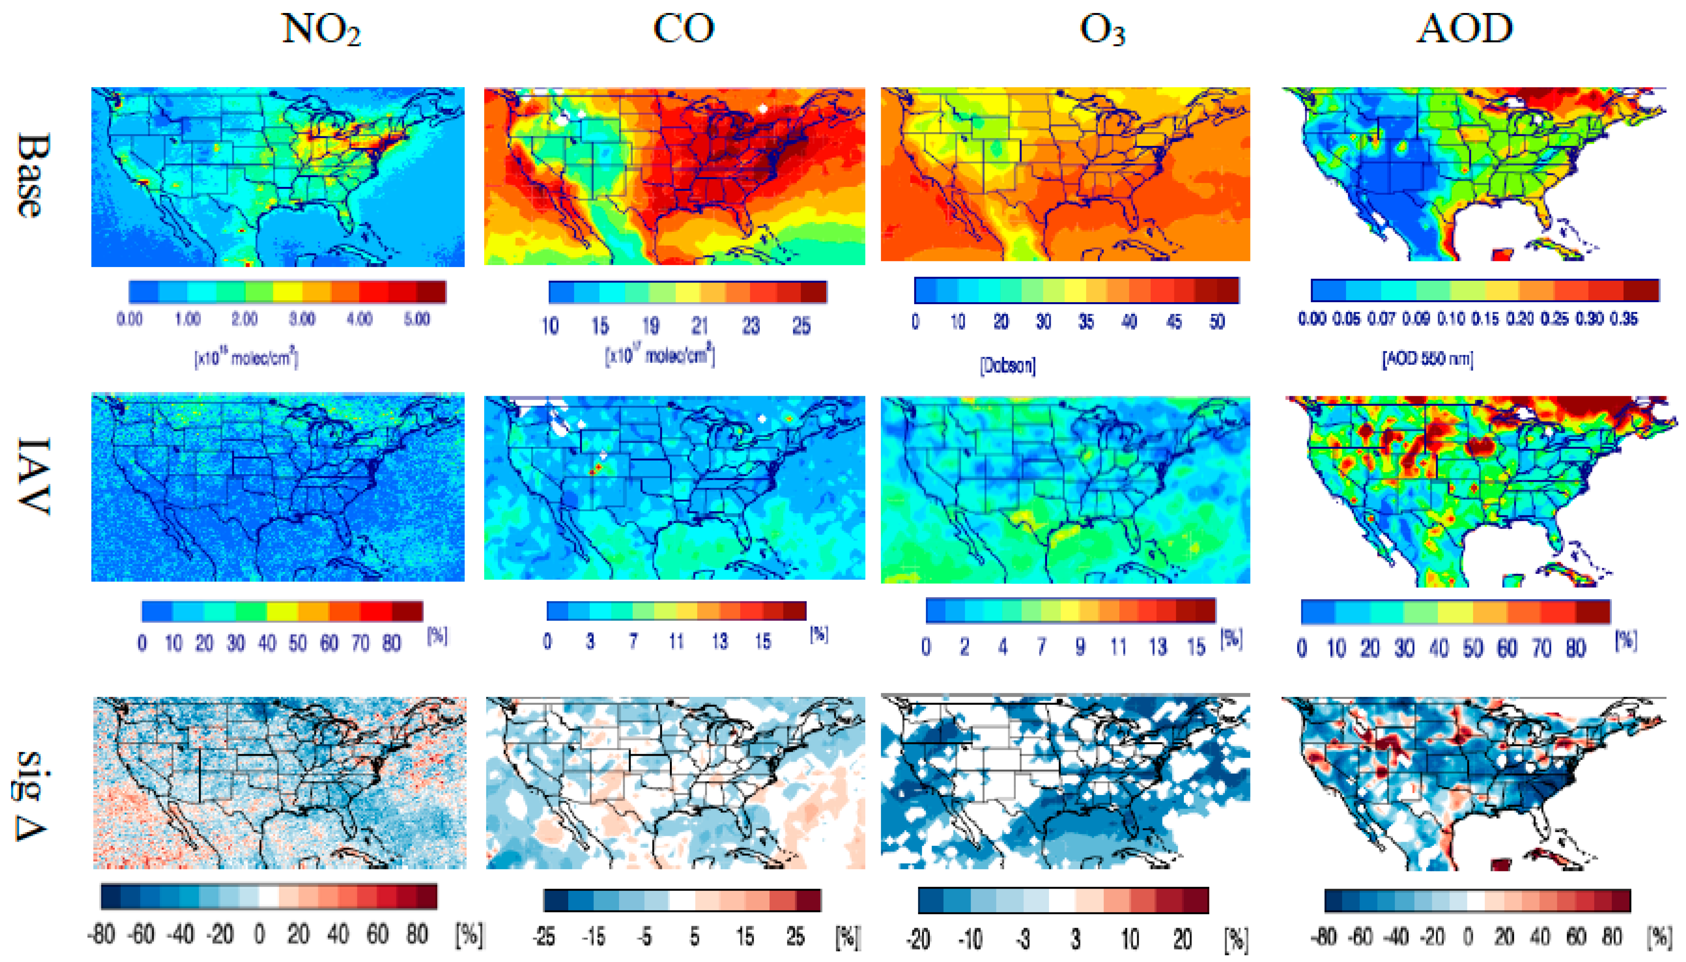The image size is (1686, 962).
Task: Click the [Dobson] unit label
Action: click(x=1007, y=365)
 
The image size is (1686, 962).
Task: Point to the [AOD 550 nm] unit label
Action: click(x=1428, y=359)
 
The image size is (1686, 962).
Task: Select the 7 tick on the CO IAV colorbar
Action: click(x=633, y=641)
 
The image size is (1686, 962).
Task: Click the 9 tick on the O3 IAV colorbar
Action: click(x=1080, y=646)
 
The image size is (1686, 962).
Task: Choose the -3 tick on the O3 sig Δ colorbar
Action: click(x=1023, y=938)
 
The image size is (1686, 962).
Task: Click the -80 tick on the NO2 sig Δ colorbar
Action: click(x=101, y=934)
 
